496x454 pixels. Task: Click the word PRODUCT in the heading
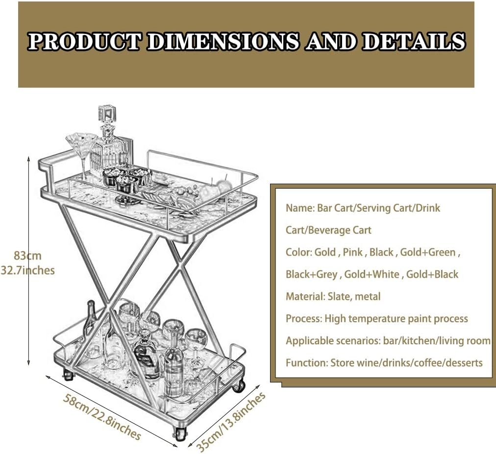point(84,42)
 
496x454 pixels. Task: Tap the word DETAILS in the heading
point(414,42)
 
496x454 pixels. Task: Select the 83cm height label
point(27,256)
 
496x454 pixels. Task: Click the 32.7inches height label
point(27,271)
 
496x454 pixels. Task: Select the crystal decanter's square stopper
point(107,115)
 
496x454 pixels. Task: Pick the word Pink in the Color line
point(353,252)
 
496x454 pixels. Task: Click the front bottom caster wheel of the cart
point(179,433)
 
